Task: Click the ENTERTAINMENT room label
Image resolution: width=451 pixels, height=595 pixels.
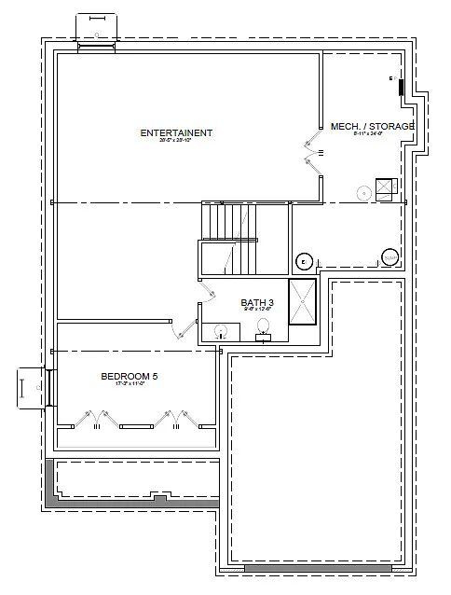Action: [x=176, y=132]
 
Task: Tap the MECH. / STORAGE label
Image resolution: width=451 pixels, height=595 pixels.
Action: [x=372, y=126]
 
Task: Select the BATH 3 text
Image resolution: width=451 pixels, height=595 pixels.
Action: [x=257, y=302]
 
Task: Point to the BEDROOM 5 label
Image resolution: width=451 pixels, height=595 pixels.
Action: [x=130, y=376]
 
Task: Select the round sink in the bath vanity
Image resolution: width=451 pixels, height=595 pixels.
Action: [x=221, y=329]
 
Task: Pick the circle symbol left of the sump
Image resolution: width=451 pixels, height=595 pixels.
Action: [x=303, y=261]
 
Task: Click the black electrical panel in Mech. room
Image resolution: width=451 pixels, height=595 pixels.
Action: [x=401, y=89]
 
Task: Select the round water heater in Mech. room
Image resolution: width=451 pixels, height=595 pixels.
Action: [x=363, y=193]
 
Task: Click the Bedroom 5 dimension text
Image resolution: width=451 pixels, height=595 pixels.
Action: [x=130, y=384]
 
